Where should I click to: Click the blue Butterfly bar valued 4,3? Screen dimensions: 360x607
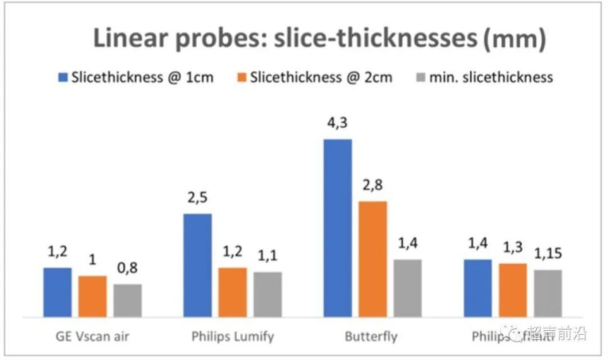click(338, 228)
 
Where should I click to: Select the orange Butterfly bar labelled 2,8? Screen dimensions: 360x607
click(372, 259)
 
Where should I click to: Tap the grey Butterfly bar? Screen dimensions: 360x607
click(407, 288)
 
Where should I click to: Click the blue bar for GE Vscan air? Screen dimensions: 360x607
click(58, 292)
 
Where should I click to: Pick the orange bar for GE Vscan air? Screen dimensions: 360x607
click(92, 296)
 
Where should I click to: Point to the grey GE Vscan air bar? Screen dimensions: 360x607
click(128, 301)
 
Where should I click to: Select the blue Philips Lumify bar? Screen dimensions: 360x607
click(197, 265)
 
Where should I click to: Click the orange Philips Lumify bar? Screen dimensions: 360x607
click(233, 292)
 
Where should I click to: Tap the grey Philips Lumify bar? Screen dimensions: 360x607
click(267, 294)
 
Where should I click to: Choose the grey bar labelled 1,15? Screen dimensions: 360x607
click(548, 293)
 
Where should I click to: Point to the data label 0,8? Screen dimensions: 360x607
click(128, 269)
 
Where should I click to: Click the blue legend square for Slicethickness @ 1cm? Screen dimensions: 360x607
click(63, 78)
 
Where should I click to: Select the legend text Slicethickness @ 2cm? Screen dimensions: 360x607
click(321, 78)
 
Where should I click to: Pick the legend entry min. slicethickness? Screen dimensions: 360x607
click(491, 78)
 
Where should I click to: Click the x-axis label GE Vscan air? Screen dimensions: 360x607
click(92, 336)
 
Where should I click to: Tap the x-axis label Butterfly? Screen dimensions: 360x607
click(371, 336)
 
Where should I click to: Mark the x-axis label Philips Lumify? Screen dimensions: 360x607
click(233, 336)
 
